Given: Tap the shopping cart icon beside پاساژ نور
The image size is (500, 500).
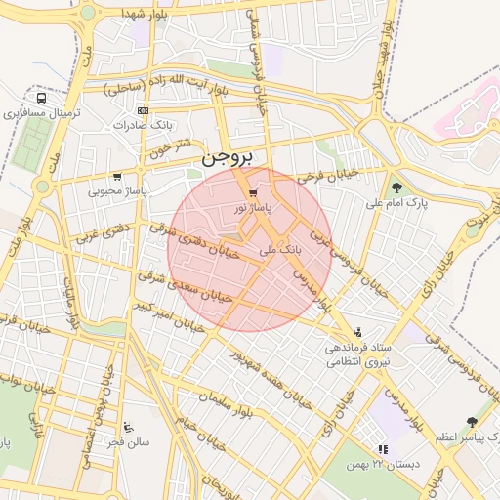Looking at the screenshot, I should pos(253,193).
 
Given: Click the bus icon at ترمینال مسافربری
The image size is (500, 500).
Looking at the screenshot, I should pos(41,98).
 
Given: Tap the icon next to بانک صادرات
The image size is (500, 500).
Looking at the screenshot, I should pos(144,110).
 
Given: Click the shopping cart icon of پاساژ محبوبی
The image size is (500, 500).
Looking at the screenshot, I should pos(117,177).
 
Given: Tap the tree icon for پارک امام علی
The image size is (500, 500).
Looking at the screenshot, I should pos(396,187).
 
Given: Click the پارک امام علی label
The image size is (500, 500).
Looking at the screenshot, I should pos(396,203).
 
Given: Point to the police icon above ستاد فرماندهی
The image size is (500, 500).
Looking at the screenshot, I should pos(357,332).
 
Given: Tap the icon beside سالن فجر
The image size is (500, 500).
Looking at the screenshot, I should pos(130,427).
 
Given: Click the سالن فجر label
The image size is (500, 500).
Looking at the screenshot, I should pos(130,441).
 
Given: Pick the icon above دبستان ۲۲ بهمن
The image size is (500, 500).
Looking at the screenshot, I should pos(382,449).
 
